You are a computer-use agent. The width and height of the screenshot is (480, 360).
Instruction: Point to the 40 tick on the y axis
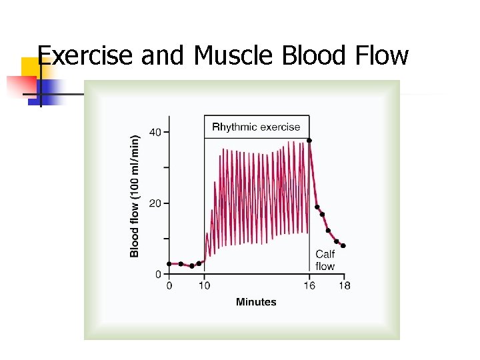tap(155, 132)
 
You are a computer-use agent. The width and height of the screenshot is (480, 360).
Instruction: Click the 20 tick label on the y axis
tap(155, 203)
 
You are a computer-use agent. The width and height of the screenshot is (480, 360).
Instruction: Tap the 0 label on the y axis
tap(158, 274)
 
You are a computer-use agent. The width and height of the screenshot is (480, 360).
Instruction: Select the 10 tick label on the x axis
tap(204, 286)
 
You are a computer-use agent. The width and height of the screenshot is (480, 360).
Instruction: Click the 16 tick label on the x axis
tap(310, 286)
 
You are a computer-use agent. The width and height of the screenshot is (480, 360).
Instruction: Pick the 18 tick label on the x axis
tap(344, 286)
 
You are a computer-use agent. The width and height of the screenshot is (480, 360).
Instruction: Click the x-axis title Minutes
tap(256, 302)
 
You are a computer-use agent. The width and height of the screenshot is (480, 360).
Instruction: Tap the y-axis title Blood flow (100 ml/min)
tap(135, 196)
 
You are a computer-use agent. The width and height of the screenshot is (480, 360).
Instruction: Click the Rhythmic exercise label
tap(256, 127)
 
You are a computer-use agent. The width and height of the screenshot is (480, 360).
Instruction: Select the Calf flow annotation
tap(325, 260)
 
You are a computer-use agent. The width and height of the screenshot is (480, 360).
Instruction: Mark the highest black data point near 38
tap(309, 141)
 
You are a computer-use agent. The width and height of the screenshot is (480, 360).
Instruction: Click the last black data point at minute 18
tap(343, 245)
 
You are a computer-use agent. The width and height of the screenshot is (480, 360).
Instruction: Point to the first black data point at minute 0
tap(169, 264)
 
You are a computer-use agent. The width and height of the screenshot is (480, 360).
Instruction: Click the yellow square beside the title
tap(31, 68)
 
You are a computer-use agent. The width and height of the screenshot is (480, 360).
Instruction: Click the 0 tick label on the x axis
tap(169, 286)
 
